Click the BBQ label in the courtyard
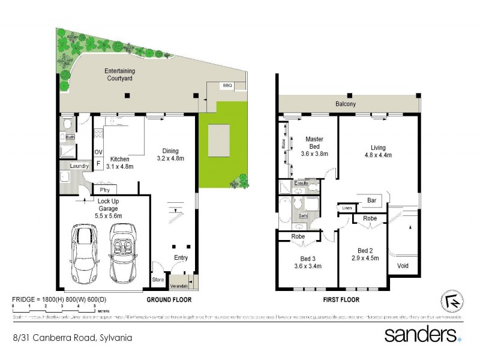point(227,86)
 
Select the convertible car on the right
point(124,253)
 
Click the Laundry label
point(79,166)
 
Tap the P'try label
point(106,191)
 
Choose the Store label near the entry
point(158,279)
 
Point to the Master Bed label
point(314,142)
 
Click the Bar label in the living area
point(371,199)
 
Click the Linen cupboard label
point(347,208)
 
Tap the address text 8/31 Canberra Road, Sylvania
point(73,338)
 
